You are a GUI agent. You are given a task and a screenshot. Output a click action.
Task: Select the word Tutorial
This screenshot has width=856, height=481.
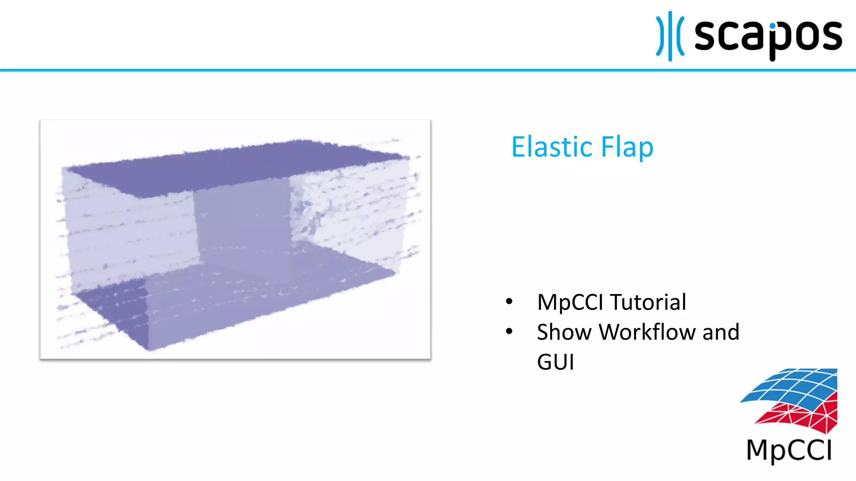648,302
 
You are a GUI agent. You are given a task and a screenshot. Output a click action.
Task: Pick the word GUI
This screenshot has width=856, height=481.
555,362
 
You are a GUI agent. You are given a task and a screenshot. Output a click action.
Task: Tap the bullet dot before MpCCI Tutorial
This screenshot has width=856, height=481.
509,301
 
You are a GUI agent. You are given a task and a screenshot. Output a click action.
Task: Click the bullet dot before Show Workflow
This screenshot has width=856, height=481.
509,332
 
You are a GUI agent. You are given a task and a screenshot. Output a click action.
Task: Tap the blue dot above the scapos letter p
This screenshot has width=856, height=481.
772,26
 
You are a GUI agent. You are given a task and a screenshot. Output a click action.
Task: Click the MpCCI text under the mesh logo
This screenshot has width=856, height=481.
789,451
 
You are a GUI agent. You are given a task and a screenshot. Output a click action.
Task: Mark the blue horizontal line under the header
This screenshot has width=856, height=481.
428,70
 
